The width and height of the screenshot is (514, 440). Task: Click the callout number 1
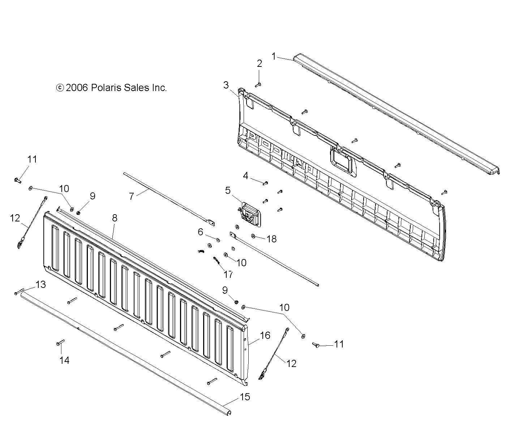coord(274,56)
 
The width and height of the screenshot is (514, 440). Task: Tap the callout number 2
coord(260,64)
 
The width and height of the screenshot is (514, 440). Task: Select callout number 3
coord(226,85)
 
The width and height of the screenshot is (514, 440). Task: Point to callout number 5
coord(228,190)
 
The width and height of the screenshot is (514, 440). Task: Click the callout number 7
coord(131,196)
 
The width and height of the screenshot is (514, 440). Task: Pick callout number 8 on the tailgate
coord(115,218)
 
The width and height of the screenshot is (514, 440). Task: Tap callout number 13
coord(41,285)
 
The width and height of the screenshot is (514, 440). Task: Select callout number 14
coord(64,360)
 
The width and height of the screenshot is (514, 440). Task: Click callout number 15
coord(245,397)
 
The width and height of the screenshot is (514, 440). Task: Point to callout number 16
coord(265,336)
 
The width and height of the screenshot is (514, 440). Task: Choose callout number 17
coord(228,274)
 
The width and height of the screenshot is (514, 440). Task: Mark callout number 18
coord(271,239)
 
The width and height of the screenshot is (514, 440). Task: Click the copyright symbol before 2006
coord(60,88)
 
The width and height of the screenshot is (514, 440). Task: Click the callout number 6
coord(201,232)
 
